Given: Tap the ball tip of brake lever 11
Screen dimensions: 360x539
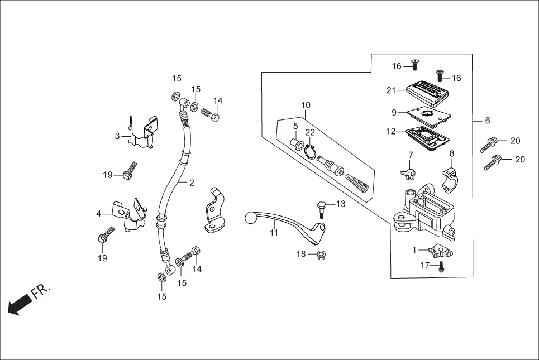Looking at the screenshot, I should pos(250,217).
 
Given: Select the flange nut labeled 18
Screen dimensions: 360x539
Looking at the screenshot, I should pos(322,256).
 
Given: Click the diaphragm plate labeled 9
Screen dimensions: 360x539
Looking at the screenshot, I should pos(428,113).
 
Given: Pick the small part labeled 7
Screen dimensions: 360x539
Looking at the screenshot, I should pos(409,172).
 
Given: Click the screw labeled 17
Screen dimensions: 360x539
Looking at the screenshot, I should pos(441,267).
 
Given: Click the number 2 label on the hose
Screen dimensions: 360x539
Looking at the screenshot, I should pos(191,183).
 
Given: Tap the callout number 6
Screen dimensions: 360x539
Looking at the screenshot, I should pos(487,121).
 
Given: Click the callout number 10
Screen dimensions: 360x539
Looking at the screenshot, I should pos(306,105).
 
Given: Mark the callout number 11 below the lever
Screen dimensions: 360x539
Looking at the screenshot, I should pos(274,233).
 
